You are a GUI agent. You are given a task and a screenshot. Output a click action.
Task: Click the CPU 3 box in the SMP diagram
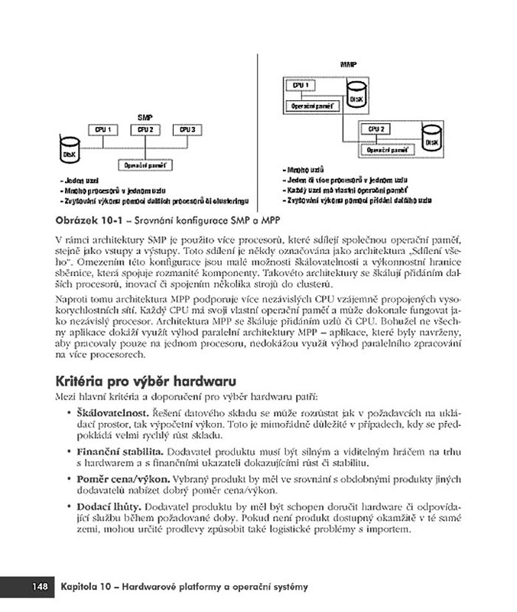[187, 130]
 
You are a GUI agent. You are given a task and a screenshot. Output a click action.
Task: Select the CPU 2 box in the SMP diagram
[145, 130]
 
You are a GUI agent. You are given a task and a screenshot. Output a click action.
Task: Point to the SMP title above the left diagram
[145, 116]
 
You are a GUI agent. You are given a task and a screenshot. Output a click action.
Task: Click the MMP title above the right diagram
[348, 65]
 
